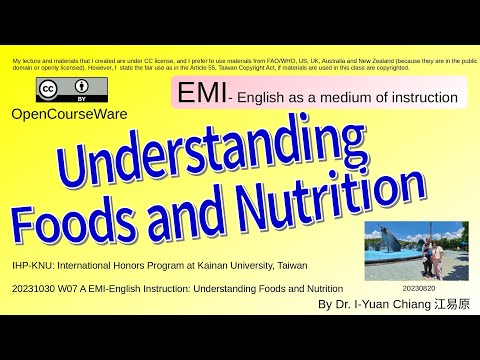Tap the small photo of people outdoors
tap(414, 251)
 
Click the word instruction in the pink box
tap(420, 99)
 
